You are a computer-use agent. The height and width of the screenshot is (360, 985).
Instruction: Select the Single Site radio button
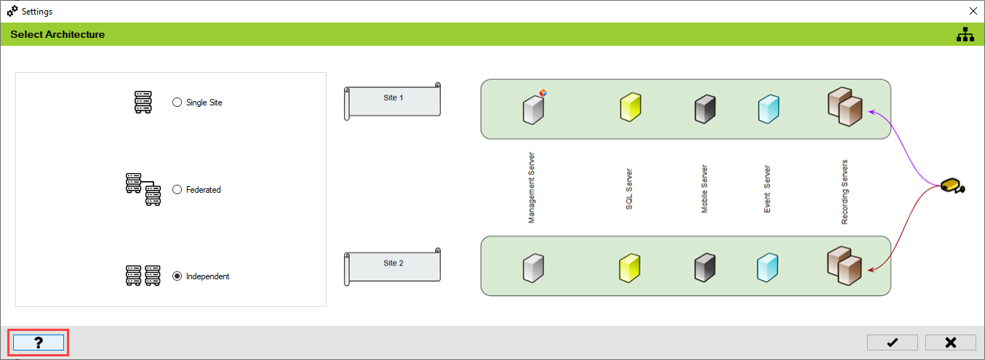point(177,103)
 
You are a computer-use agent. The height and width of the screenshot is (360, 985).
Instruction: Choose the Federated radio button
point(177,190)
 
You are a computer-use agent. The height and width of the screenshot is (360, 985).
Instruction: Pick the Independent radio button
point(177,276)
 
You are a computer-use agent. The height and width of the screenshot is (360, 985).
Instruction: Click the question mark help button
point(39,343)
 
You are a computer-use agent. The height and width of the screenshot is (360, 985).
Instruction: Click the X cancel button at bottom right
point(950,343)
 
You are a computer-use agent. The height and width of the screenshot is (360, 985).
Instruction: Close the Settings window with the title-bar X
point(973,11)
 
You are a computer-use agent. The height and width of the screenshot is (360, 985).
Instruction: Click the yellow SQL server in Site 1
point(630,107)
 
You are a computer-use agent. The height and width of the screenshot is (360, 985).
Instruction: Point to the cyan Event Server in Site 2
point(767,267)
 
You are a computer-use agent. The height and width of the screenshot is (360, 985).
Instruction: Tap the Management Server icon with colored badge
point(534,108)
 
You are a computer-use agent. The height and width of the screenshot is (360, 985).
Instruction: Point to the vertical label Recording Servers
point(845,191)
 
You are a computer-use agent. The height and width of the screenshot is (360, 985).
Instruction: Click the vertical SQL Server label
point(629,190)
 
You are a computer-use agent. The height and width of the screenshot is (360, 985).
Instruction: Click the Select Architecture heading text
point(57,34)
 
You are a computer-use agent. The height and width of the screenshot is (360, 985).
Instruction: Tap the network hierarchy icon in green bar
point(965,34)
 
